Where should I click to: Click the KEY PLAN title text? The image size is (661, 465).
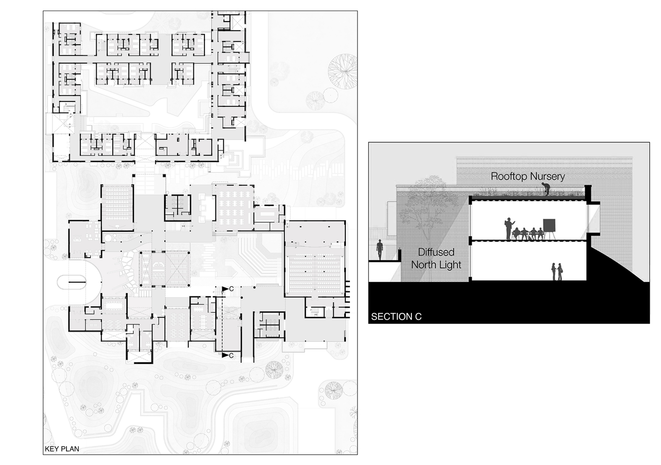point(62,449)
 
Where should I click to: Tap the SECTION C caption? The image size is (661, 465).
point(396,317)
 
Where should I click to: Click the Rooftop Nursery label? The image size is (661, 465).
point(528,176)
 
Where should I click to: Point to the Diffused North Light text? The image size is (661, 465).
point(436,259)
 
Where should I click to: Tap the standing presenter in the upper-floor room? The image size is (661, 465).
point(509,228)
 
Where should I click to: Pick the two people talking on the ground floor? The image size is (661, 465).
point(557,272)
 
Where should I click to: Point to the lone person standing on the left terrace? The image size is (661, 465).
point(380,250)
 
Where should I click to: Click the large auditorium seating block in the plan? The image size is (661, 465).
point(315,274)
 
